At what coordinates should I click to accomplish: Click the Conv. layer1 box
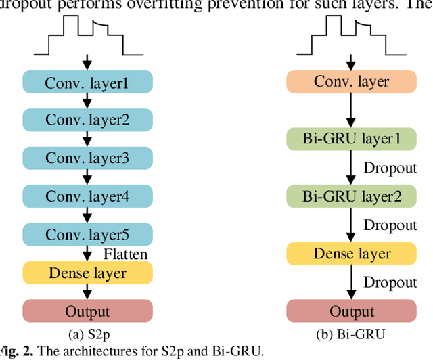(x=87, y=82)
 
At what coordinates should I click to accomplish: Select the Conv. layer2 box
(x=87, y=120)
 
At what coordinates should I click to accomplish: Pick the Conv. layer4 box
(x=87, y=196)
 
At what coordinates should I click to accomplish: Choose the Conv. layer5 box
(x=87, y=234)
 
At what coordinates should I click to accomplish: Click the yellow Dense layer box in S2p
(x=87, y=273)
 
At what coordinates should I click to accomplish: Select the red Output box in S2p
(x=87, y=311)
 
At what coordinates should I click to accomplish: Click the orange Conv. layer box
(x=351, y=82)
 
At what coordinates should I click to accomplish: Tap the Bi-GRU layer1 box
(x=351, y=139)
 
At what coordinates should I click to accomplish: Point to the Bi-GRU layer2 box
(x=351, y=197)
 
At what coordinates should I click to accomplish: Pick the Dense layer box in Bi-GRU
(x=351, y=254)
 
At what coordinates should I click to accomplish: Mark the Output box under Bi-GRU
(x=351, y=311)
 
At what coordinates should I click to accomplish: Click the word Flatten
(x=125, y=254)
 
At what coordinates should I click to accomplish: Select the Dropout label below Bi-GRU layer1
(x=390, y=168)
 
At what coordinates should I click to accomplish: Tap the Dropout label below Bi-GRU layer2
(x=390, y=225)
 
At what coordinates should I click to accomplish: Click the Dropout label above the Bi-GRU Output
(x=390, y=283)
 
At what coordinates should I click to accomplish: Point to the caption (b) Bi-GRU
(x=351, y=333)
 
